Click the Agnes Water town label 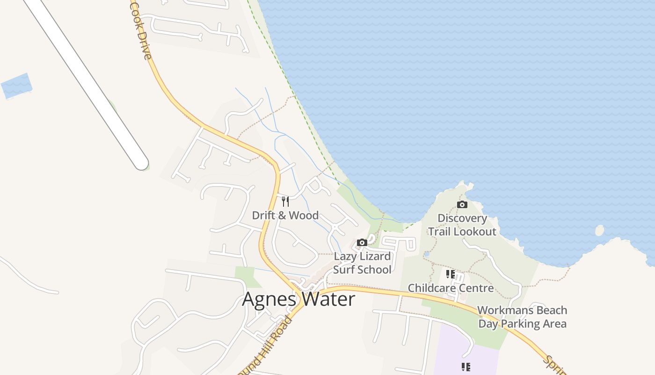coord(298,299)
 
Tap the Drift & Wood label coord(285,216)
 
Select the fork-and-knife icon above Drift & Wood coord(285,202)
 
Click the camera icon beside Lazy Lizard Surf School coord(362,242)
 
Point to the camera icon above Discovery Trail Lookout coord(462,204)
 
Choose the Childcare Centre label coord(451,288)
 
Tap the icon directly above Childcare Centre coord(451,274)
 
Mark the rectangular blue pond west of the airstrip coord(17,86)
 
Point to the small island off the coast coord(599,231)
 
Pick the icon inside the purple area coord(466,367)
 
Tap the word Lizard coord(372,256)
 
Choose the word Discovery coord(462,218)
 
